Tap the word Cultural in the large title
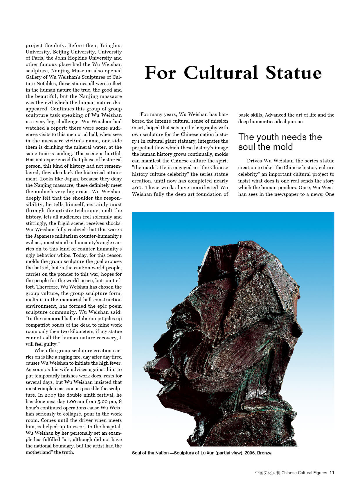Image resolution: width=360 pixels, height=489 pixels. pos(221,73)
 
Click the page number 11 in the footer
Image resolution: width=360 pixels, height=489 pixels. pos(332,473)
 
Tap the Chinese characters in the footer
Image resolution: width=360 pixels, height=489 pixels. pos(267,473)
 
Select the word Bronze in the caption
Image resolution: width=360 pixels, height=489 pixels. pos(264,453)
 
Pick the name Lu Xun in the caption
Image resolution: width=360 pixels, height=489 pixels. pos(207,453)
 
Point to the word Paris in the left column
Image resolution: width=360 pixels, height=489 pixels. pos(38,58)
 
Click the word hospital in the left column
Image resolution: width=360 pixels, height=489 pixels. pos(112,427)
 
